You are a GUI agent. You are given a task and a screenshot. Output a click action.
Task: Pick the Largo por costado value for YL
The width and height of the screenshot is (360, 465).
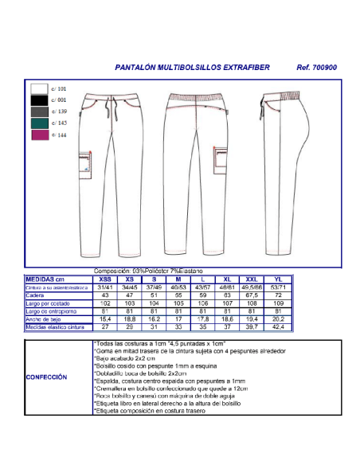[x=278, y=303]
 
